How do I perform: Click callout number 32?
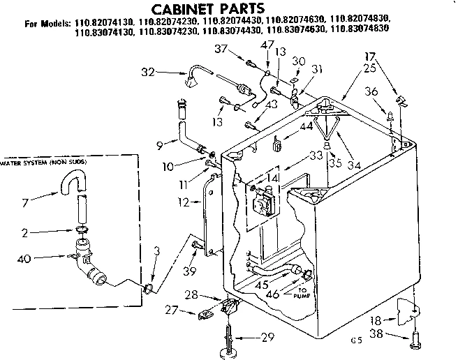[x=148, y=71]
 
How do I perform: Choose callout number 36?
[x=371, y=91]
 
